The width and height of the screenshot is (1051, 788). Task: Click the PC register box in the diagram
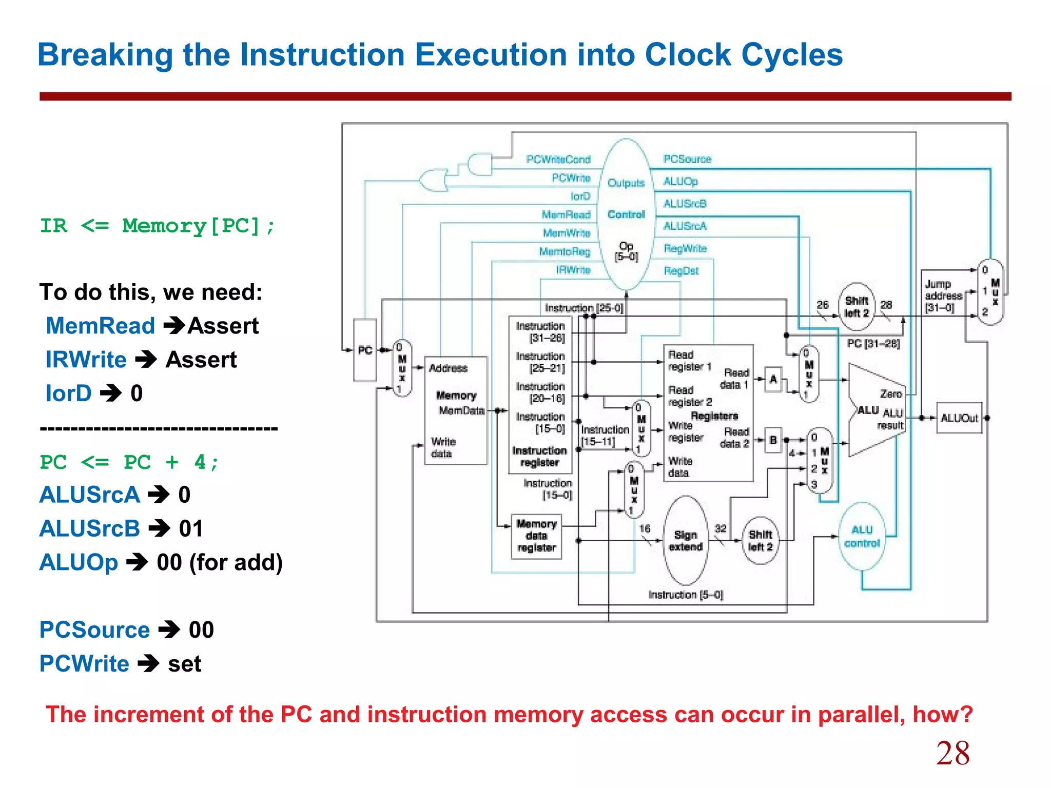pos(365,350)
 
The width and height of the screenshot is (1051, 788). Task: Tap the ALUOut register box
pos(959,418)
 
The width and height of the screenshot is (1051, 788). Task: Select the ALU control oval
pos(862,537)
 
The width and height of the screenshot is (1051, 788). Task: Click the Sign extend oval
pos(685,541)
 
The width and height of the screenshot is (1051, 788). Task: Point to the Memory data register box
pos(536,536)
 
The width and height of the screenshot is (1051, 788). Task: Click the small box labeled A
pos(773,380)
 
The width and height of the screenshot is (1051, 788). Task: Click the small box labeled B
pos(773,440)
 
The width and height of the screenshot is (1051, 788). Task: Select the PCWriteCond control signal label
pos(558,160)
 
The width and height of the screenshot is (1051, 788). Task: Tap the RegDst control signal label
pos(681,270)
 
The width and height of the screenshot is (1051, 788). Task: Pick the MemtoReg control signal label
pos(565,251)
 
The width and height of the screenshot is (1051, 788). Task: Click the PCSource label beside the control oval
pos(687,159)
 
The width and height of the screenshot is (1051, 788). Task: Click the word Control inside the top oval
pos(626,214)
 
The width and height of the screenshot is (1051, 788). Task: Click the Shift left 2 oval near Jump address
pos(857,306)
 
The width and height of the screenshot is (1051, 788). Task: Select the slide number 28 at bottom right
pos(952,753)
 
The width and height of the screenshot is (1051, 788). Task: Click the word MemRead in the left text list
pos(101,326)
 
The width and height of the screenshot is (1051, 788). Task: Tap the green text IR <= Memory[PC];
pos(158,226)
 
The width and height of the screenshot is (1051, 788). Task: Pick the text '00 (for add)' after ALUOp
pos(220,562)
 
